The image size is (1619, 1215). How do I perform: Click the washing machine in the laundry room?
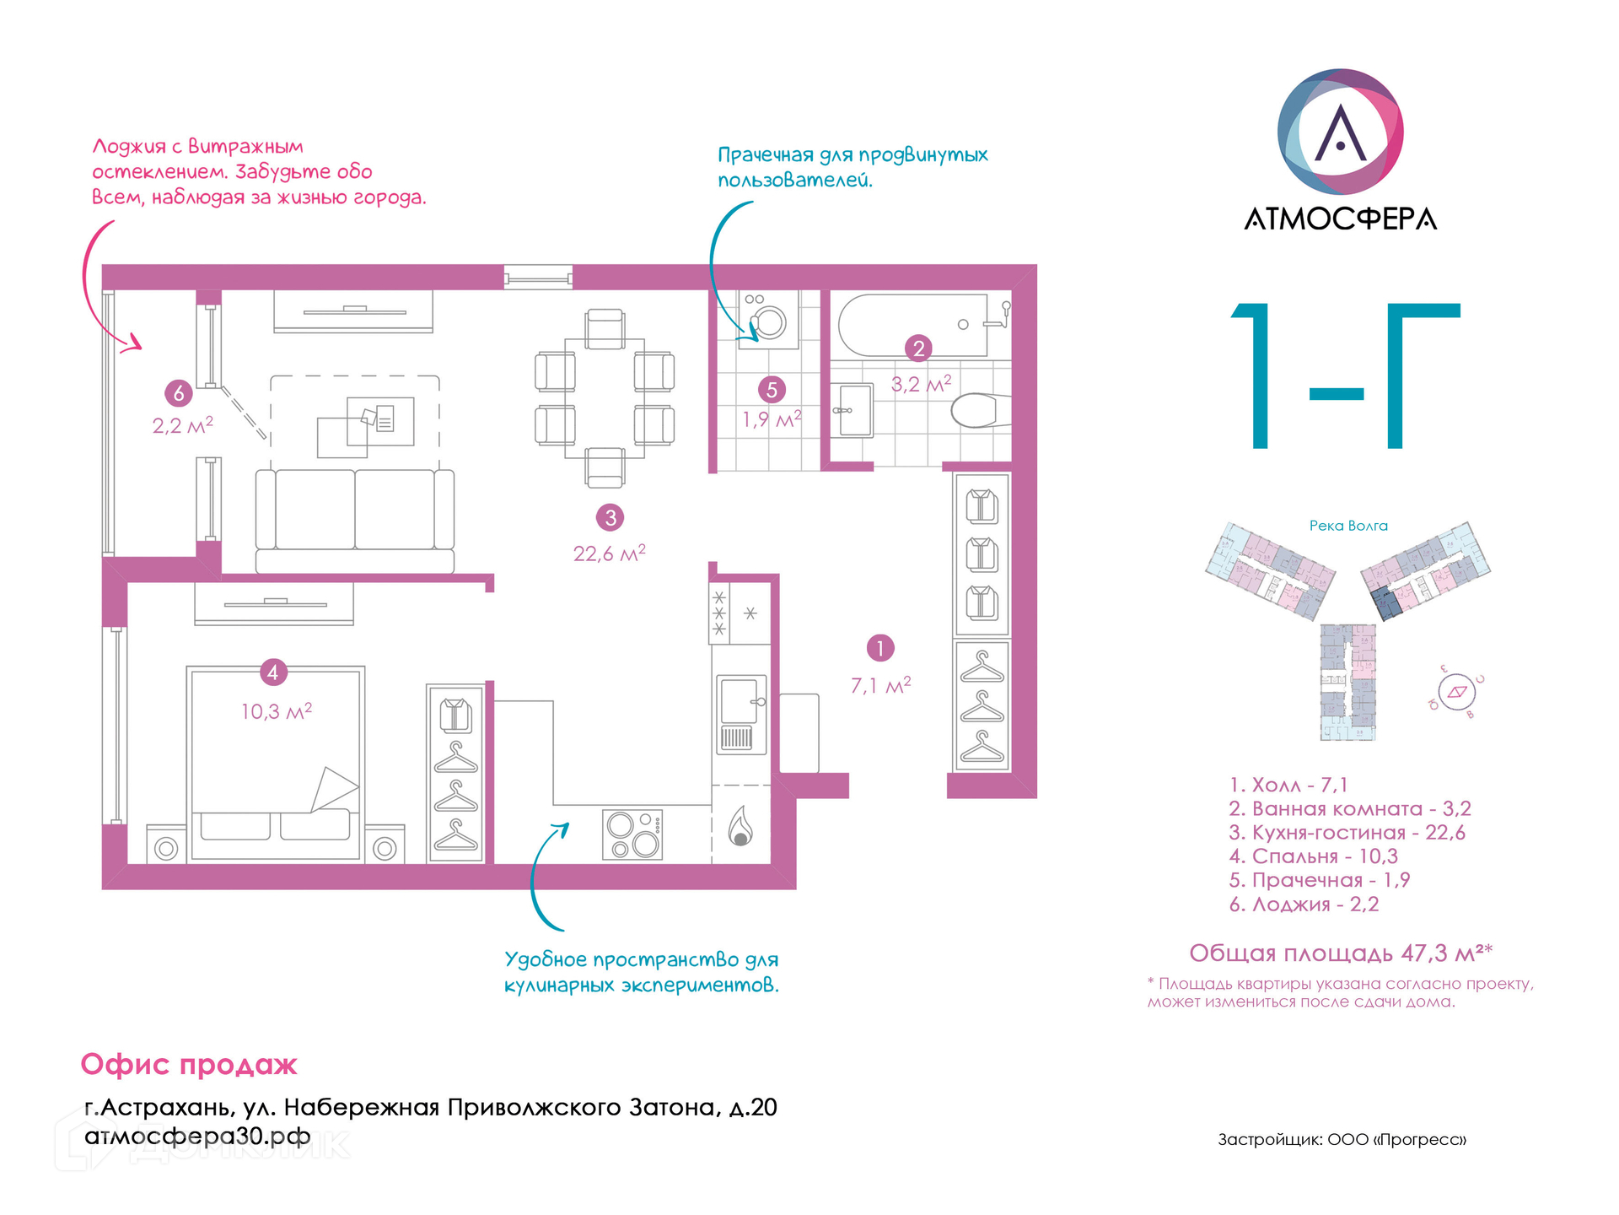point(768,321)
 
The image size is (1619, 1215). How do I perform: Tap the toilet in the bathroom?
point(978,411)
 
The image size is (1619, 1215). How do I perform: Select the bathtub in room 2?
point(912,325)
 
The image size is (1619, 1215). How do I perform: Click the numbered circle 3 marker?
point(610,517)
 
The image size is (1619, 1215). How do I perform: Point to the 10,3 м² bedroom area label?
point(277,711)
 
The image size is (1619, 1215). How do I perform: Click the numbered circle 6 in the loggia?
point(179,392)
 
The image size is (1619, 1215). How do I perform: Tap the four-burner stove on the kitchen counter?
point(632,834)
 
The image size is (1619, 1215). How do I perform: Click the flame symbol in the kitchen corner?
point(740,826)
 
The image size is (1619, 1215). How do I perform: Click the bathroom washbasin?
point(853,411)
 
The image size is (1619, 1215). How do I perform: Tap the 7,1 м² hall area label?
point(880,685)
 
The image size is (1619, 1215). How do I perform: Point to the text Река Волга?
point(1348,526)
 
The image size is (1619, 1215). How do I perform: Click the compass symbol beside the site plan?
point(1456,693)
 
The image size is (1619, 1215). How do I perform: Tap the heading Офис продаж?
point(189,1065)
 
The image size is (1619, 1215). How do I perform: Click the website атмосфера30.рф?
point(197,1137)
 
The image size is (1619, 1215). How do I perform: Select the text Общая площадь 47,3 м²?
point(1340,953)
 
